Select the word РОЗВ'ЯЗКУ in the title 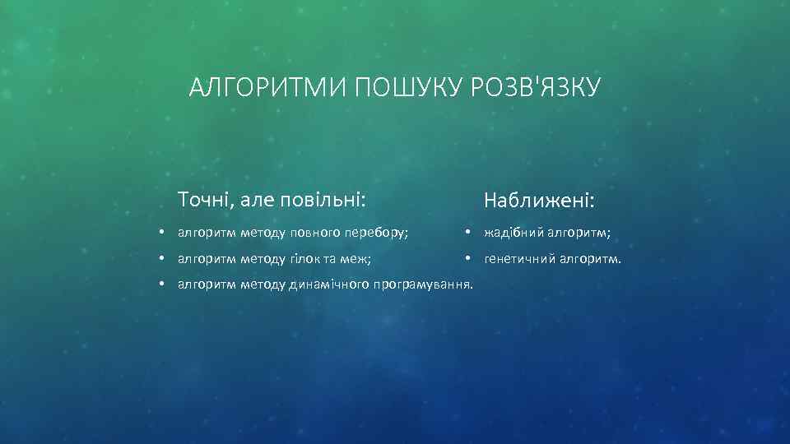[x=537, y=86]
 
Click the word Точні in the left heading [x=202, y=199]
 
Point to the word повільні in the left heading [x=324, y=199]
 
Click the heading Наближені [x=540, y=201]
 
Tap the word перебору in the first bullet [x=380, y=234]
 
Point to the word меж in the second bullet [x=358, y=260]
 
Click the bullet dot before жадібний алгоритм [x=467, y=233]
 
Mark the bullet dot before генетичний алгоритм [x=467, y=259]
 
